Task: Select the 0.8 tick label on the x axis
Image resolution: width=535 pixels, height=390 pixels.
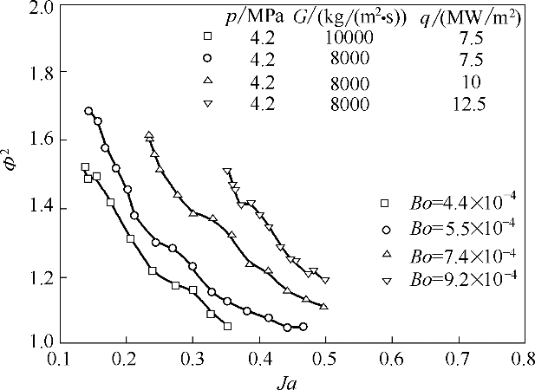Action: tap(522, 358)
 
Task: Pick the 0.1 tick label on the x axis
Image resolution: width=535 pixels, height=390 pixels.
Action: tap(59, 358)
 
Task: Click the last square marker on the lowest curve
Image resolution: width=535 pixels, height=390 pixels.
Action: tap(227, 327)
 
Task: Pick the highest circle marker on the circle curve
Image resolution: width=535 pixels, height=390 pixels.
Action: tap(88, 111)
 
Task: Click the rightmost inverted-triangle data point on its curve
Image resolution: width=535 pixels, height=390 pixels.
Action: tap(325, 280)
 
